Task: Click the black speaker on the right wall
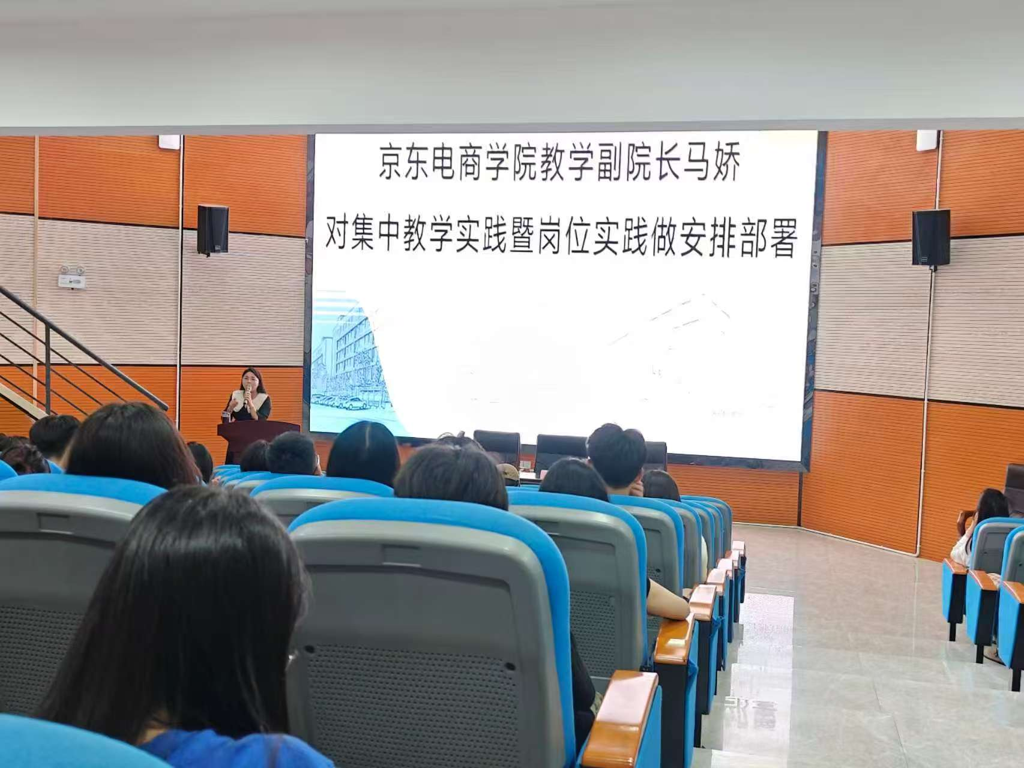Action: tap(931, 237)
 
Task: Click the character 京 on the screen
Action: tap(394, 163)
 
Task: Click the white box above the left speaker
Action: tap(170, 142)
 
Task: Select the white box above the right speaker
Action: tap(927, 139)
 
